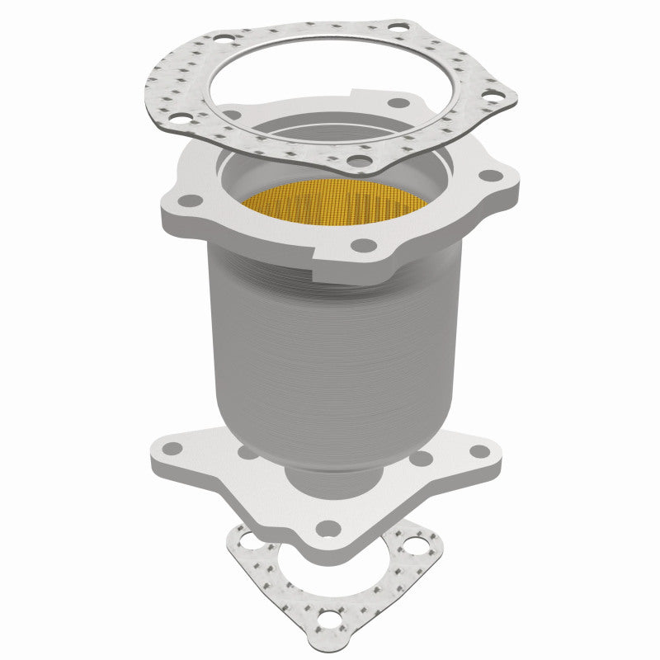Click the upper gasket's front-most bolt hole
(x=356, y=159)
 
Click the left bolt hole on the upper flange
(x=190, y=200)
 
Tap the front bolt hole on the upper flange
(x=361, y=245)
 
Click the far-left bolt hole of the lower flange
(x=172, y=450)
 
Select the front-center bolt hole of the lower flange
(x=329, y=529)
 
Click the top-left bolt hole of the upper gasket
(x=223, y=37)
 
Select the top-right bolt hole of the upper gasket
(x=396, y=27)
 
